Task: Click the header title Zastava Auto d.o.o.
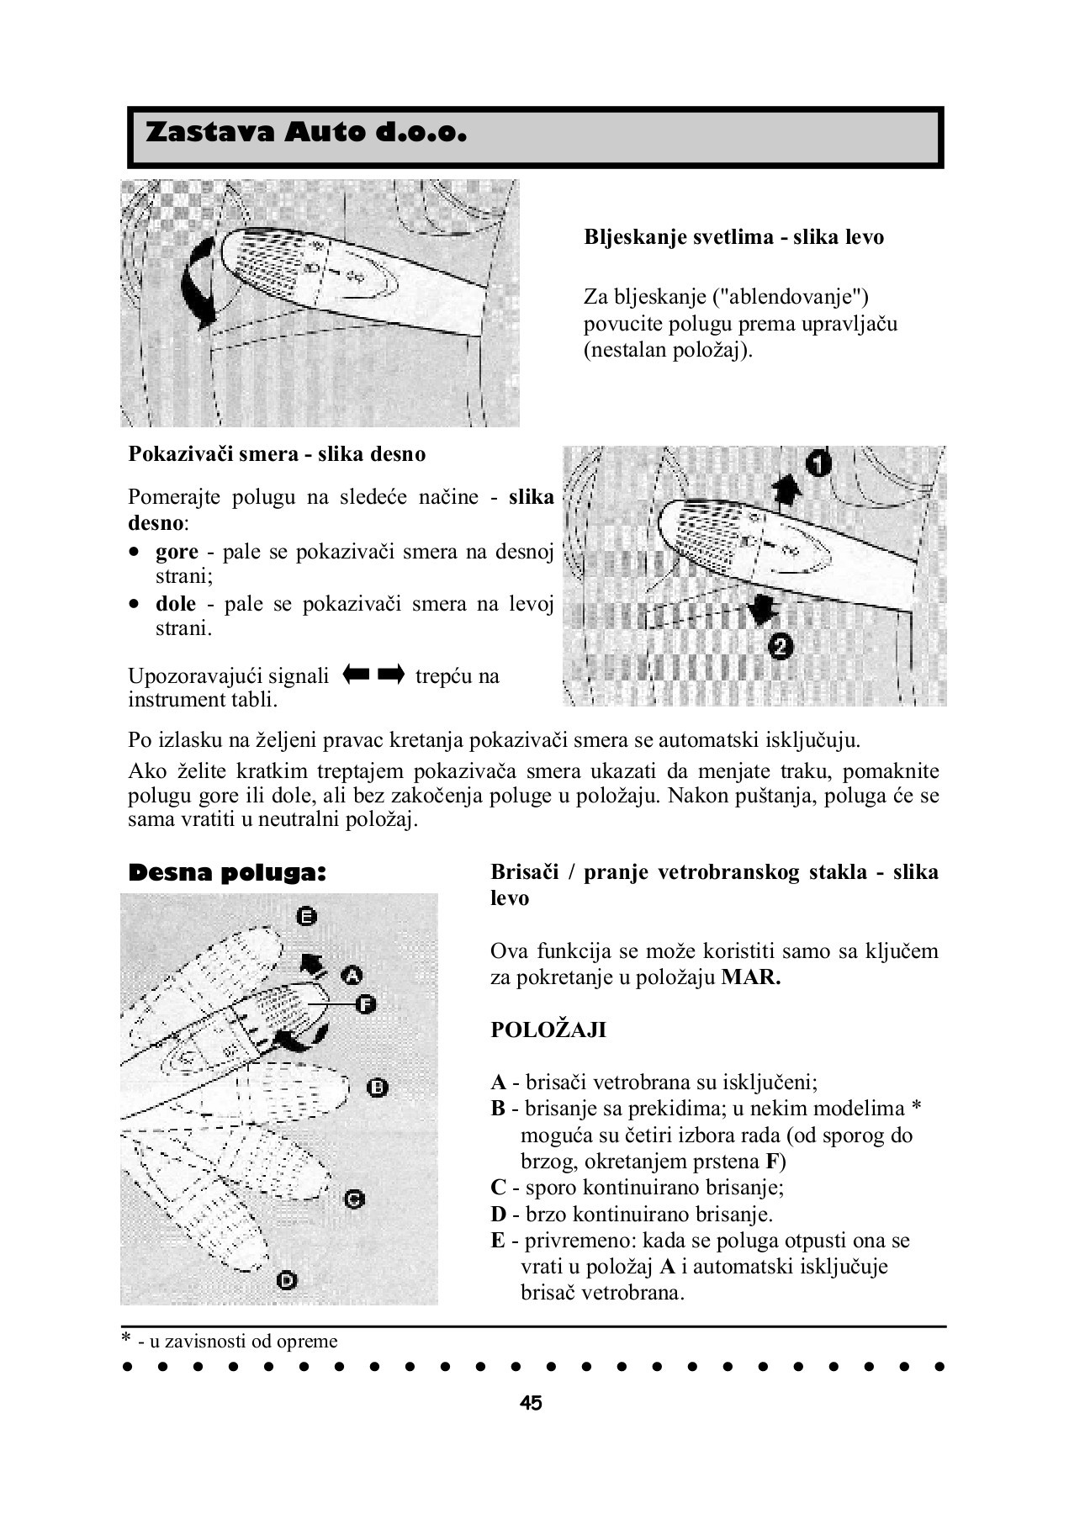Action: click(306, 134)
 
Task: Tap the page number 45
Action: click(531, 1403)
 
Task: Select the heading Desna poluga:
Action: click(226, 873)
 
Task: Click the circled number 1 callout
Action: click(817, 464)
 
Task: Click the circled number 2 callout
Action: click(781, 647)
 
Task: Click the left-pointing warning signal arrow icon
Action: click(357, 675)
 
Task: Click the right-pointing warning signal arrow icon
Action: click(391, 675)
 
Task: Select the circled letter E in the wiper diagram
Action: click(307, 917)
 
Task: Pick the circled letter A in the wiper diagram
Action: click(352, 976)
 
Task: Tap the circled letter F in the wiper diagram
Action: click(364, 1003)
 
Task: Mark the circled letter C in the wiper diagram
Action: click(354, 1199)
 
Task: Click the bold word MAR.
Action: click(751, 978)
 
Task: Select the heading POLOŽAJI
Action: click(548, 1030)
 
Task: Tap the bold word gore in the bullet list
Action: click(177, 552)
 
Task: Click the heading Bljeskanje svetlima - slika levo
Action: click(733, 237)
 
